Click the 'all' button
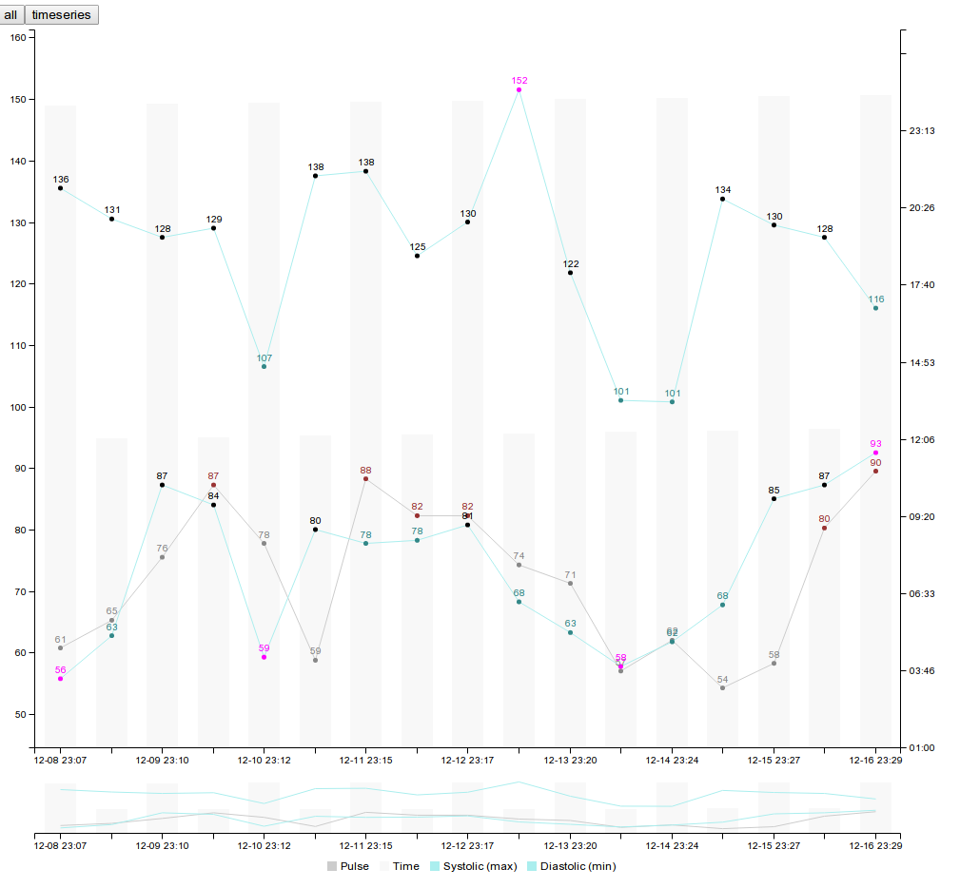pyautogui.click(x=11, y=15)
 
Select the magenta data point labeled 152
pyautogui.click(x=519, y=89)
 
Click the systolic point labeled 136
pyautogui.click(x=60, y=188)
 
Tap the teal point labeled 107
pyautogui.click(x=264, y=366)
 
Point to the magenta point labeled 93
pyautogui.click(x=875, y=453)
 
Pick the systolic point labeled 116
pyautogui.click(x=875, y=308)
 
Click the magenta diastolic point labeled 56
pyautogui.click(x=60, y=679)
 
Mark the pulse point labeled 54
pyautogui.click(x=722, y=687)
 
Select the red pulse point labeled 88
pyautogui.click(x=365, y=479)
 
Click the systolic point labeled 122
pyautogui.click(x=570, y=273)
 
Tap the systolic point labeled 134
pyautogui.click(x=722, y=199)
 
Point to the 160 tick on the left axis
pyautogui.click(x=18, y=37)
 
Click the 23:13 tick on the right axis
pyautogui.click(x=922, y=131)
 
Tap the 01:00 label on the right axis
pyautogui.click(x=922, y=748)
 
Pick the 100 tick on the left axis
pyautogui.click(x=18, y=407)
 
